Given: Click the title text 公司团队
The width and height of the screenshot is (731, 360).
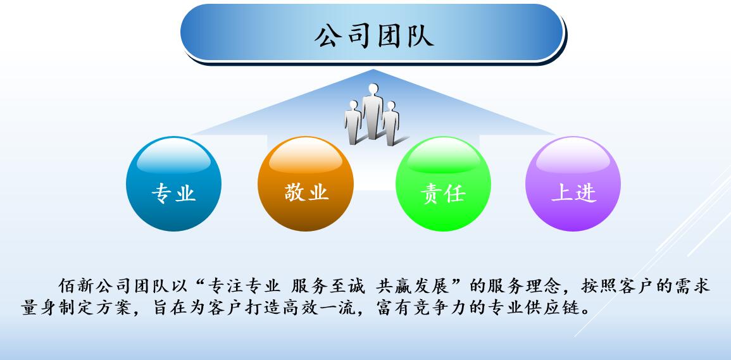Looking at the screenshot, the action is pyautogui.click(x=374, y=36).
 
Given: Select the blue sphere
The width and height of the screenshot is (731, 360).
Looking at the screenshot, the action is pyautogui.click(x=173, y=183).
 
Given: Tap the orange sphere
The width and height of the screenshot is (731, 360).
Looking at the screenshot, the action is pyautogui.click(x=305, y=183).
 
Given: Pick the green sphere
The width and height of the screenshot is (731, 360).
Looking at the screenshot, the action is pyautogui.click(x=443, y=183).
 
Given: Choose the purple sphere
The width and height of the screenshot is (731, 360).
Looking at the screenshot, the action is pyautogui.click(x=573, y=183).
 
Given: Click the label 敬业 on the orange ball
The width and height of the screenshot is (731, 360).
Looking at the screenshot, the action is pyautogui.click(x=306, y=192).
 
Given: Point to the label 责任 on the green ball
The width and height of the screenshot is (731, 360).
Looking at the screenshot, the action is pyautogui.click(x=443, y=193).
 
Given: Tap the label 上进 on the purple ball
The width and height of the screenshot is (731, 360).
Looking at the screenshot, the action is pyautogui.click(x=573, y=192).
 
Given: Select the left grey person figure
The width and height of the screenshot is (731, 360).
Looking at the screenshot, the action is pyautogui.click(x=353, y=121).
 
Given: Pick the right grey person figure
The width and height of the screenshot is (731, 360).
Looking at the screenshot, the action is pyautogui.click(x=390, y=122).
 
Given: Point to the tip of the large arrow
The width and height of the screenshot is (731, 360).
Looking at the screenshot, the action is pyautogui.click(x=373, y=70).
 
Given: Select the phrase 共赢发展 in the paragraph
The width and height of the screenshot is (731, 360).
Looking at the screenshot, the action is pyautogui.click(x=411, y=285).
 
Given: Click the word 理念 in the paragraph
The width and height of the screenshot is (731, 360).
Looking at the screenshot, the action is pyautogui.click(x=543, y=285).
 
